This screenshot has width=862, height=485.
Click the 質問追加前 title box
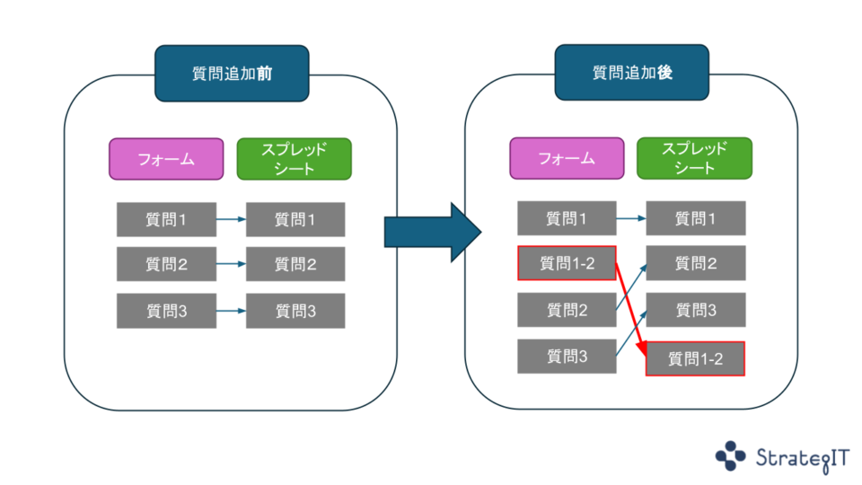(x=232, y=74)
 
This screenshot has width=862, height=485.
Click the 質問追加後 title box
(x=632, y=74)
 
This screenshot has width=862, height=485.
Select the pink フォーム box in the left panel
(x=166, y=159)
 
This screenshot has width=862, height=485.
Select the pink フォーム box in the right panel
(x=567, y=159)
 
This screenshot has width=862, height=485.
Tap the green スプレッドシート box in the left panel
(x=294, y=159)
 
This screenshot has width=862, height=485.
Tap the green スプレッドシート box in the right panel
(x=694, y=159)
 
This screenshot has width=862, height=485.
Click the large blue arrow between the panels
(x=422, y=232)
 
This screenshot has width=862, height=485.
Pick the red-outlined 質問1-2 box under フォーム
(x=567, y=263)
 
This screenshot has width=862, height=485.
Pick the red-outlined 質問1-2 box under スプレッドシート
(x=695, y=359)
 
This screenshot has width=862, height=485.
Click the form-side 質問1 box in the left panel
(x=166, y=219)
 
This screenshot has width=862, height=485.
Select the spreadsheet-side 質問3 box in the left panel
(x=295, y=311)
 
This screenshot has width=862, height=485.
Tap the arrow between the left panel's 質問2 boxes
(x=231, y=264)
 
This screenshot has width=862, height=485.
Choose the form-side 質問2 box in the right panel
(x=567, y=310)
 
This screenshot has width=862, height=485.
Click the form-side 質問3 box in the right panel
(x=567, y=357)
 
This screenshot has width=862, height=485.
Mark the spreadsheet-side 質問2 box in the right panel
(x=695, y=263)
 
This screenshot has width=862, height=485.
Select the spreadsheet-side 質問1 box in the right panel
(x=695, y=218)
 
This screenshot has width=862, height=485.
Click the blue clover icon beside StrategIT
(x=730, y=455)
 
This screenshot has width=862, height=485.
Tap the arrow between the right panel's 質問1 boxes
(x=631, y=218)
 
